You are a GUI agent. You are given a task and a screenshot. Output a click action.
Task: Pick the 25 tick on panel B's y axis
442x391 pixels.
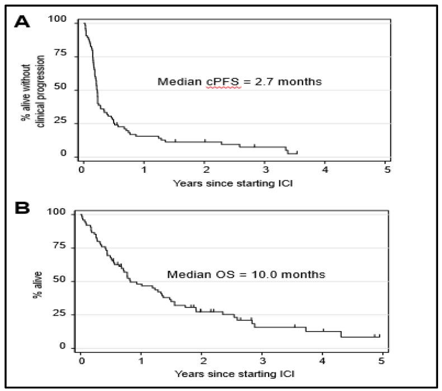point(68,314)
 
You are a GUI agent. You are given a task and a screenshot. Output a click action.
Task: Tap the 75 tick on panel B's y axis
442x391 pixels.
point(68,247)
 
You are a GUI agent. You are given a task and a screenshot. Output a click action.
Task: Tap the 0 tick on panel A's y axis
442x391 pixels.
point(71,155)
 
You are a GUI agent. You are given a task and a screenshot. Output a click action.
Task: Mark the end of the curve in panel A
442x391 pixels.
point(297,152)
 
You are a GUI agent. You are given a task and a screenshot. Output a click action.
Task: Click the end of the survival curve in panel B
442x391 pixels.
point(379,336)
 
